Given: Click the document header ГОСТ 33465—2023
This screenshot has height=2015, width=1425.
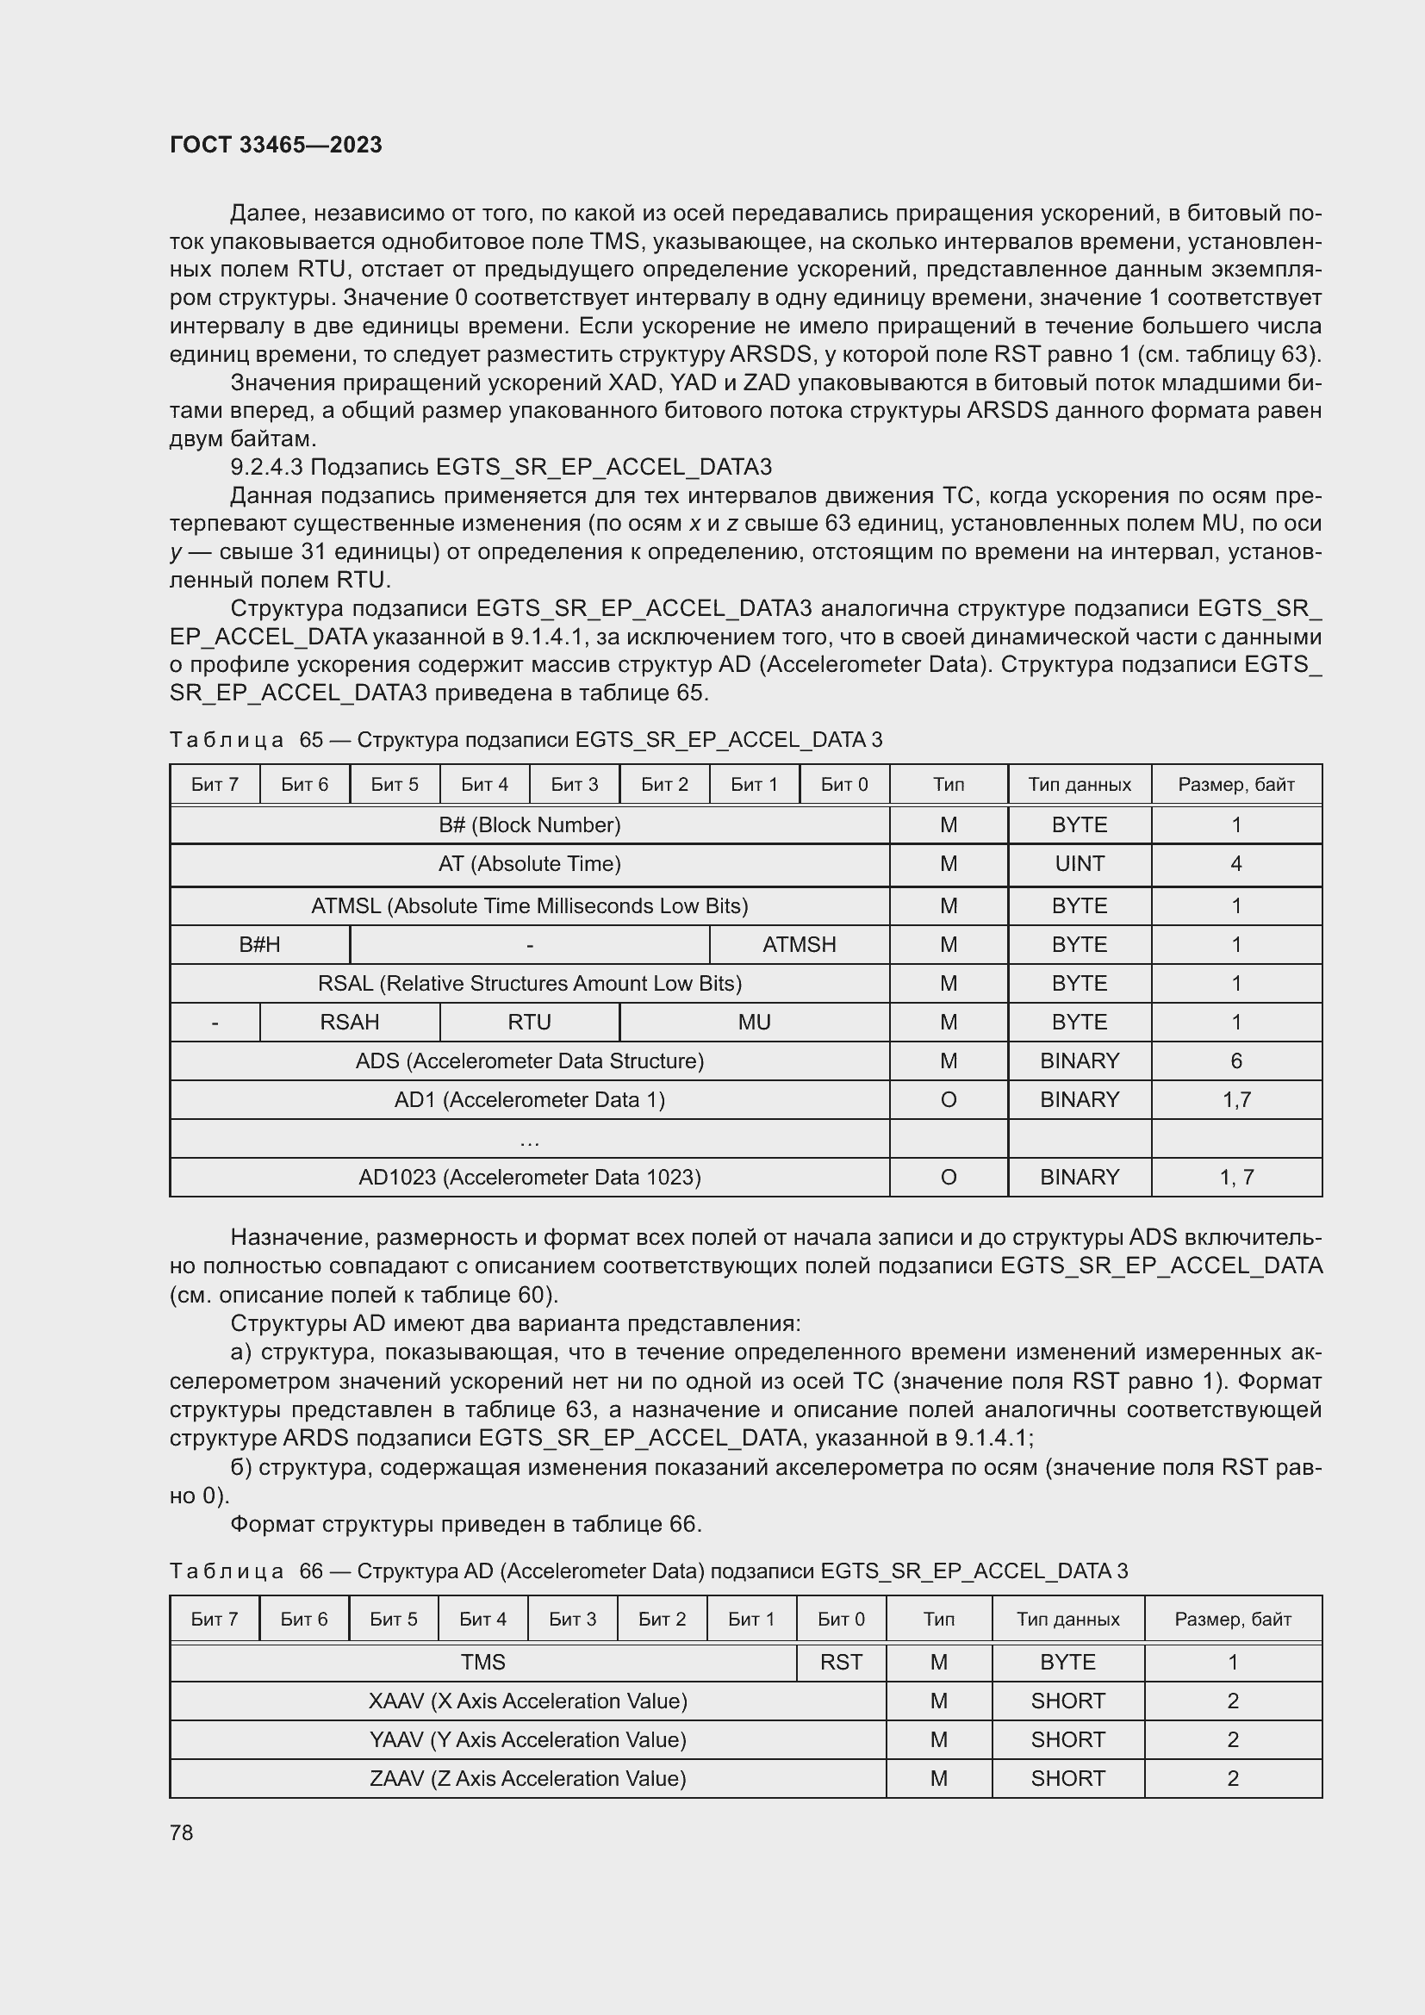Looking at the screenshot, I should click(276, 145).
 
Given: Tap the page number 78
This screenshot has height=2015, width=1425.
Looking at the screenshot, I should click(182, 1832).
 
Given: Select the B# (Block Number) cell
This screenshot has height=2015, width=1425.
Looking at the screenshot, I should click(529, 825).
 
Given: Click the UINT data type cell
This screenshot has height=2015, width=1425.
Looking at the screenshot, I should click(1080, 863).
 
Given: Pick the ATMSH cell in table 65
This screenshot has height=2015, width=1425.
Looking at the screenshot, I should click(799, 944).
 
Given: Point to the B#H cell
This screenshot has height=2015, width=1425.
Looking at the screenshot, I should click(259, 944).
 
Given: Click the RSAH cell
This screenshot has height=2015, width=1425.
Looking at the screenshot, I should click(349, 1022).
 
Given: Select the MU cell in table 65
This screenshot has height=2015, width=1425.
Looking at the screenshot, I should click(754, 1022).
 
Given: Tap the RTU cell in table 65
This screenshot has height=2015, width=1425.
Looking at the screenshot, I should click(529, 1022).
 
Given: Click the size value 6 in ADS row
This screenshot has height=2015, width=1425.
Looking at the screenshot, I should click(1235, 1060).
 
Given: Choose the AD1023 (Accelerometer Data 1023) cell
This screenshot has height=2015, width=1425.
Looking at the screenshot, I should click(529, 1177).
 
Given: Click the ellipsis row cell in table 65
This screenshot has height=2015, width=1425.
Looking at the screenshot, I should click(529, 1139).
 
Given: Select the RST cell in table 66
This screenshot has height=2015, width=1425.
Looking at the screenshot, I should click(841, 1662).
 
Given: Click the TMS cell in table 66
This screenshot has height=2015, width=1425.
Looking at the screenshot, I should click(482, 1662).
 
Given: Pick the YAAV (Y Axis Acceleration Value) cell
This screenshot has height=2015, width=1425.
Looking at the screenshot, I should click(527, 1739).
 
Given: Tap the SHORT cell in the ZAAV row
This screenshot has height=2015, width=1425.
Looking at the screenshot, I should click(1067, 1778).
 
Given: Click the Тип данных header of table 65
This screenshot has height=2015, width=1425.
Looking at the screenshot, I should click(1080, 785).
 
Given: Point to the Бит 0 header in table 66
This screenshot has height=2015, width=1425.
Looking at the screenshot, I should click(841, 1620).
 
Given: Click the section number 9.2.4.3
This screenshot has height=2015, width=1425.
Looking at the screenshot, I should click(267, 467).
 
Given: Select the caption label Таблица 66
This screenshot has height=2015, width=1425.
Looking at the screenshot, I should click(227, 1571).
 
